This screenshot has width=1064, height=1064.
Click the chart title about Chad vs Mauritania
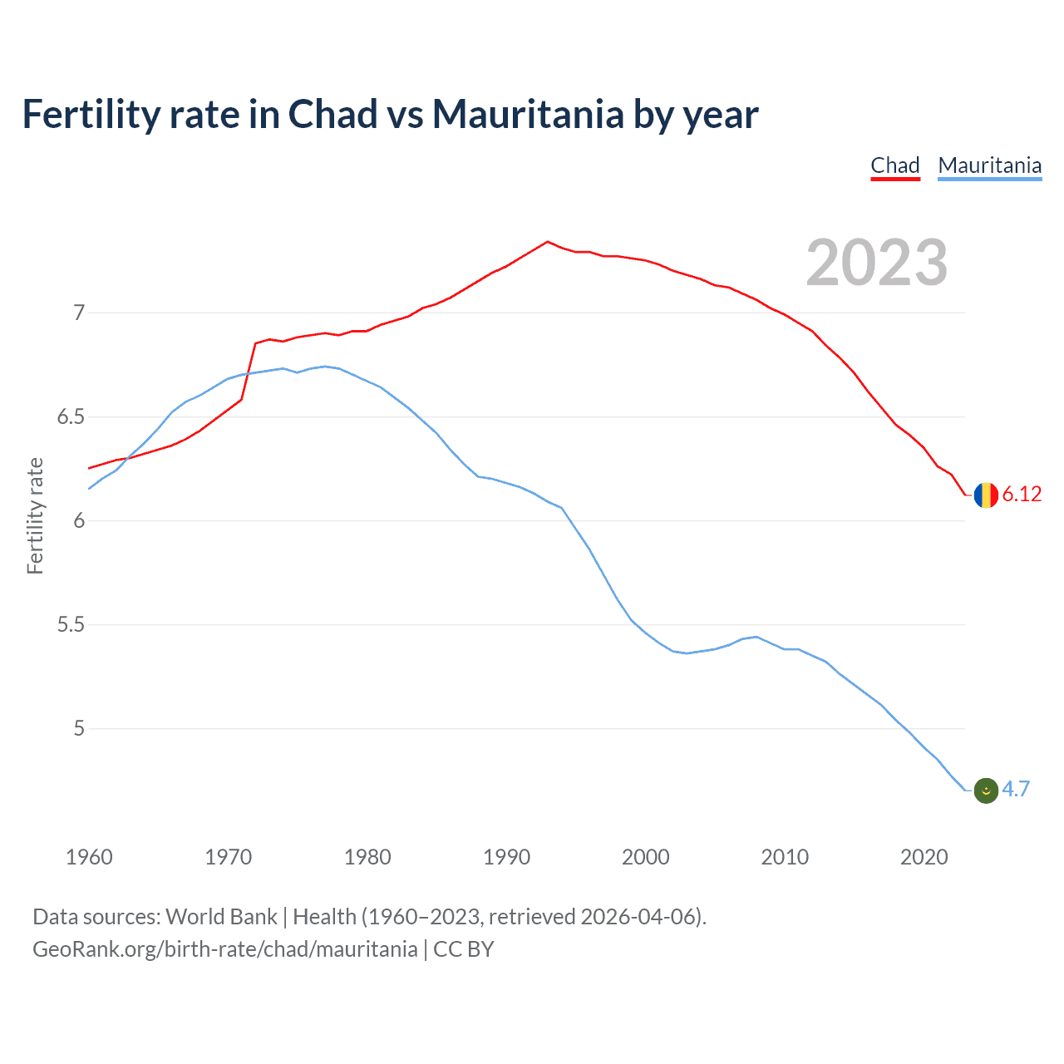point(390,115)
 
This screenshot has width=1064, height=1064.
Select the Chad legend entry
point(894,165)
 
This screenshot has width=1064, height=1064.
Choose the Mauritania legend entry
point(989,165)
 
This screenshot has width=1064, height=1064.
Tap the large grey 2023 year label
point(876,263)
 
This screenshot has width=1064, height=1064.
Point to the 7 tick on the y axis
point(79,313)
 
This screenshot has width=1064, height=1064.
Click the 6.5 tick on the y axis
point(71,417)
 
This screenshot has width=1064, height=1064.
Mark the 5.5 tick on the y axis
point(71,625)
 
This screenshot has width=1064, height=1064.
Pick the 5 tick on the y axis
point(79,729)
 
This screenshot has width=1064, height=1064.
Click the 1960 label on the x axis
point(89,857)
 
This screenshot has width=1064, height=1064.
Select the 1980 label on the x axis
point(367,857)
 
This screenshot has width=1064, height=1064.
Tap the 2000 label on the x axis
point(645,857)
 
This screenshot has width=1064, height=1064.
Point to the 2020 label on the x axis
point(924,857)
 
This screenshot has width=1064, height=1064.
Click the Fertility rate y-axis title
point(35,515)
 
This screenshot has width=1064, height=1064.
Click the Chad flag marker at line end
point(986,495)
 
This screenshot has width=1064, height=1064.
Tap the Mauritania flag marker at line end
point(986,790)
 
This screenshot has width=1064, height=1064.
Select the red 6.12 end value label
point(1022,495)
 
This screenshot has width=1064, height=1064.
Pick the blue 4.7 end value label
point(1016,790)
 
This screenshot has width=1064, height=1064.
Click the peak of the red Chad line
point(547,242)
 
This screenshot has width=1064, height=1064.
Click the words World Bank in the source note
point(221,917)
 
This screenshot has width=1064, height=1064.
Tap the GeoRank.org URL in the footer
point(224,949)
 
